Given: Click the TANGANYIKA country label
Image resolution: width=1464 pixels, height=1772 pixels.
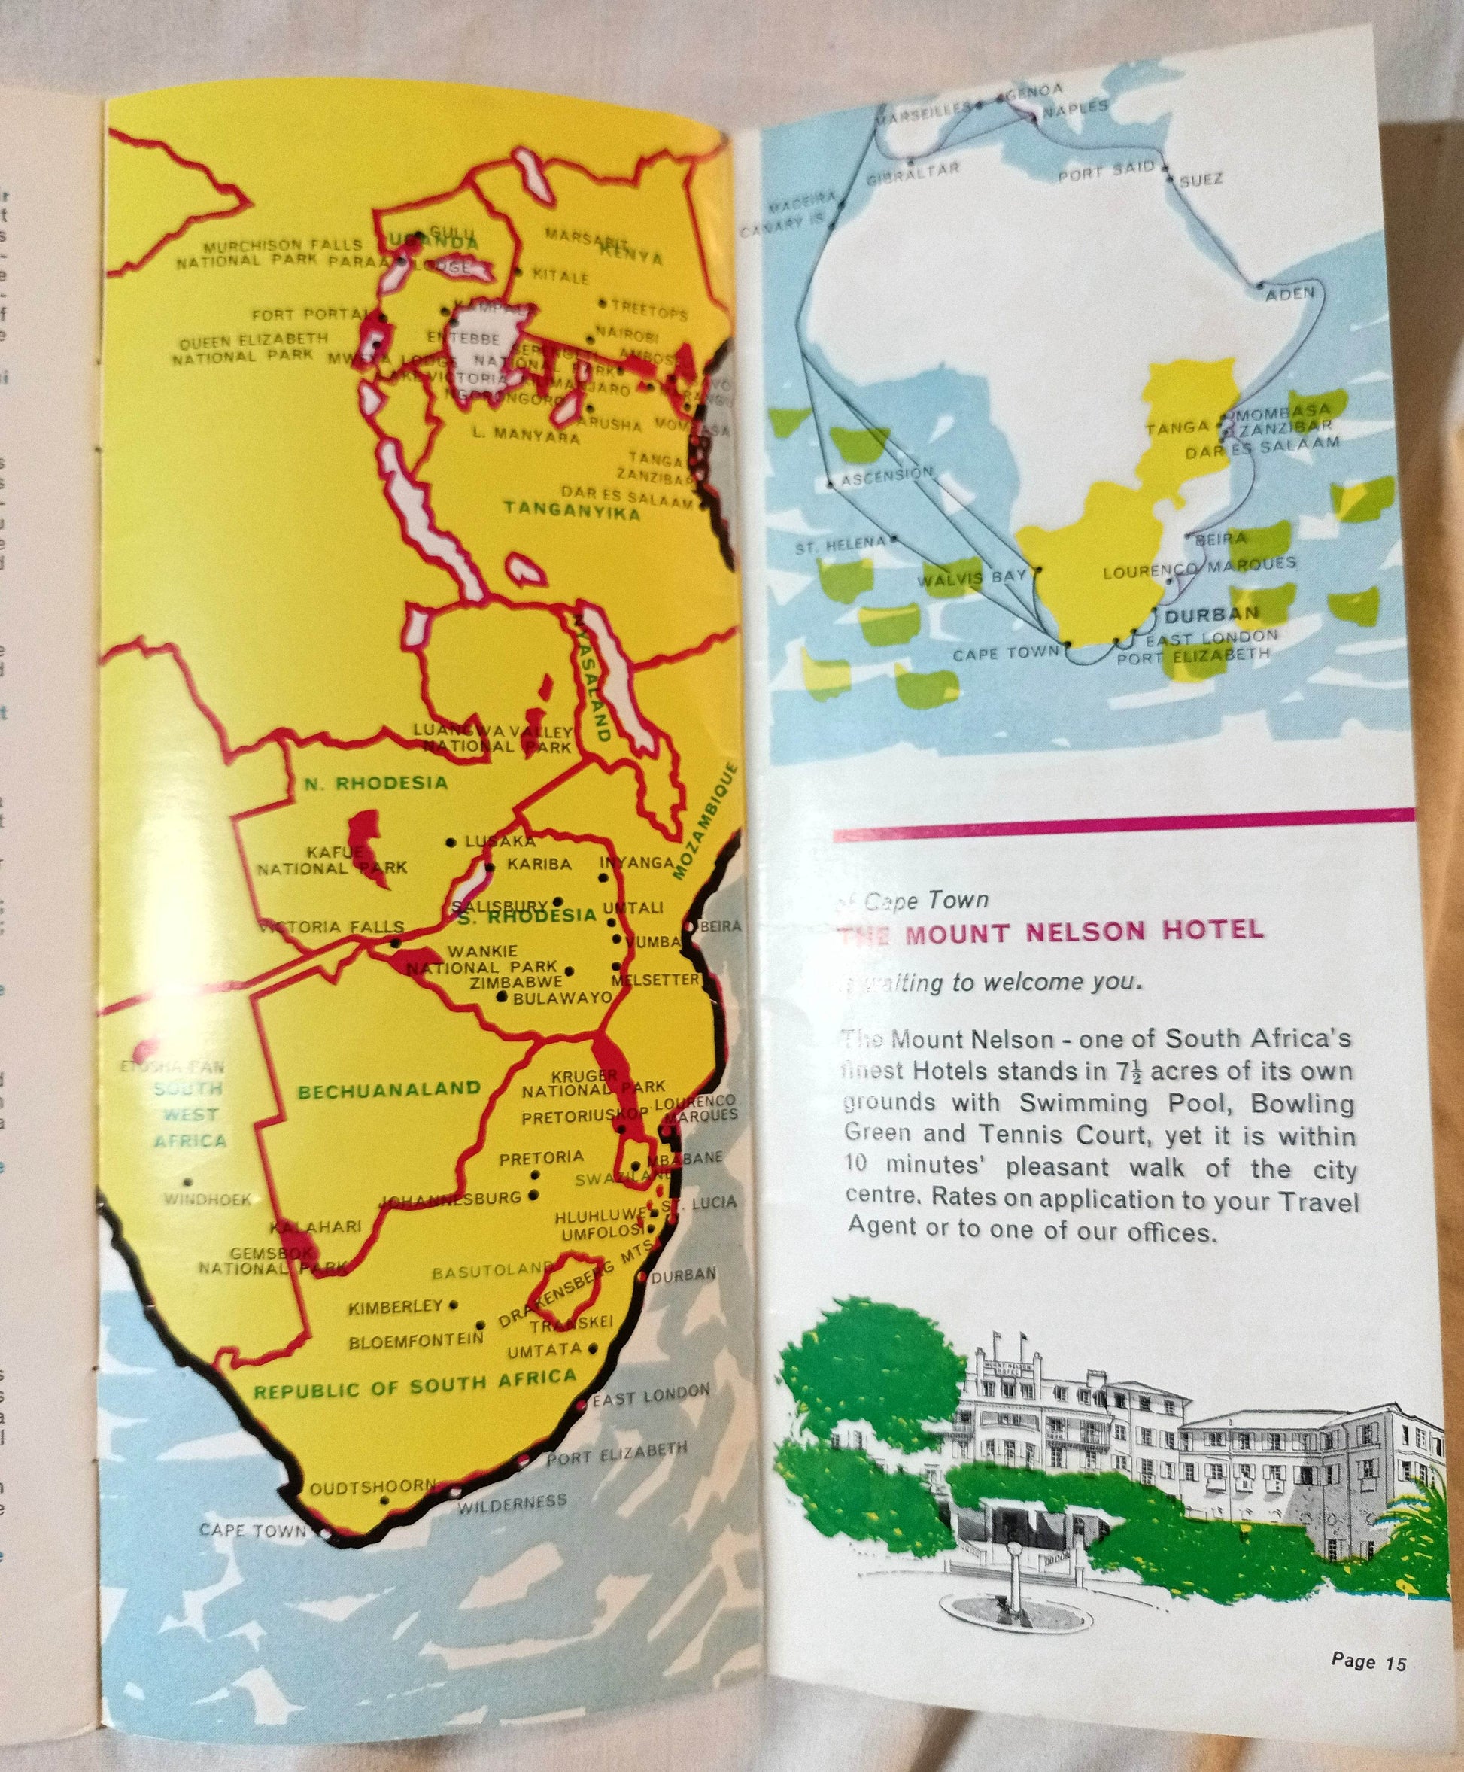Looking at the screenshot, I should (x=572, y=509).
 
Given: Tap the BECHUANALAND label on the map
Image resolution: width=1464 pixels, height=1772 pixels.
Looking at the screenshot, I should (x=389, y=1090).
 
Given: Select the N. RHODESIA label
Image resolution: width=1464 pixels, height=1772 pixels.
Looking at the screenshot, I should (x=375, y=783).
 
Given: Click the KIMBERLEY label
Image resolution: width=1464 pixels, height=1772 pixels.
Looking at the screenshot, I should (x=396, y=1307).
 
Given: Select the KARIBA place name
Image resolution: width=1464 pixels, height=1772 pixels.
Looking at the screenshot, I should (x=539, y=865).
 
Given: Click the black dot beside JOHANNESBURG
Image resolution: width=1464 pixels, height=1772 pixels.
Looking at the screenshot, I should (x=532, y=1195).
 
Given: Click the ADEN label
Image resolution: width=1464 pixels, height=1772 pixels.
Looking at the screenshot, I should (x=1289, y=293).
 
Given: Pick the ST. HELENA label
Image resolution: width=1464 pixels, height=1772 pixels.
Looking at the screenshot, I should (x=841, y=545).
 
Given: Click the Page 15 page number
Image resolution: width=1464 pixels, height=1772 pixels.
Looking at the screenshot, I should (x=1368, y=1661).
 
